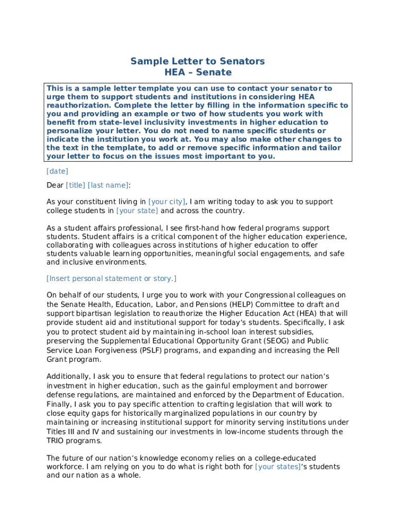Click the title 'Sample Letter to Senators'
[197, 61]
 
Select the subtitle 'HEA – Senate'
[197, 73]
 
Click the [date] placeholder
[57, 171]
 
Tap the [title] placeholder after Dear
[76, 185]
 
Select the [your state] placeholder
[137, 211]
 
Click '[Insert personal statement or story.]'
[111, 279]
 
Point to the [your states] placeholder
[278, 467]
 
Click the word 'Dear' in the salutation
[55, 185]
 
